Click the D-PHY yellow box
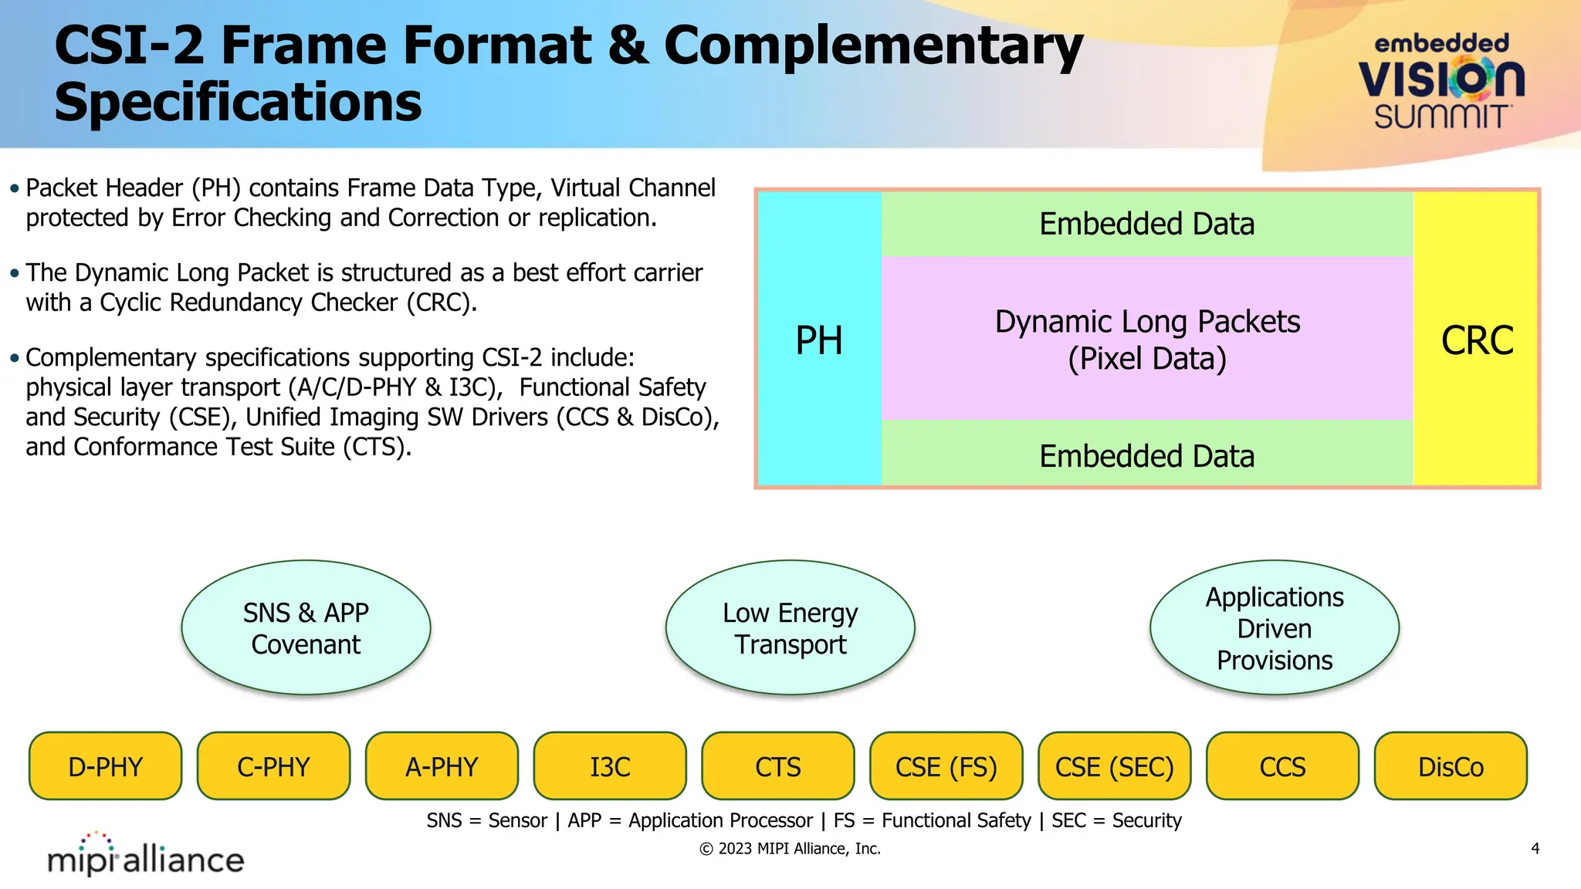pos(106,766)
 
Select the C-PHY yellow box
pos(273,766)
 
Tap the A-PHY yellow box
pos(442,766)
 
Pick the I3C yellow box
pos(610,766)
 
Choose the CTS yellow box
pos(778,766)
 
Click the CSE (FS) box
pos(946,766)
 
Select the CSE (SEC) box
pos(1115,766)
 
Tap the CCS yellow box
pos(1282,766)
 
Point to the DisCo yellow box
pos(1451,766)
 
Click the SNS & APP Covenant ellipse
pos(306,628)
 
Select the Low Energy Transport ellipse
pos(790,628)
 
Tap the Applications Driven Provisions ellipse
pos(1275,628)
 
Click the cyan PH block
pos(819,340)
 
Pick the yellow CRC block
pos(1476,340)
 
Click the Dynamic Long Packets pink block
pos(1147,340)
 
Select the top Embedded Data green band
pos(1147,224)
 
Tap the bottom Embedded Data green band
pos(1147,455)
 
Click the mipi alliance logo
pos(145,855)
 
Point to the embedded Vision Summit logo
pos(1441,81)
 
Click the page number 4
pos(1535,849)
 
